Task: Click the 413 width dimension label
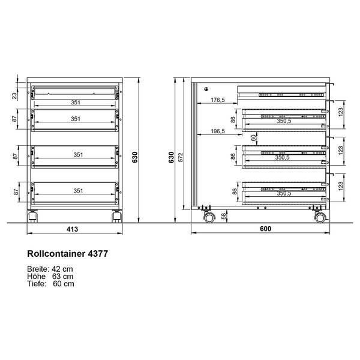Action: (73, 229)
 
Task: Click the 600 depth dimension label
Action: (265, 229)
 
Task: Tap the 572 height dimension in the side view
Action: (181, 157)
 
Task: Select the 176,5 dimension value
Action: (218, 100)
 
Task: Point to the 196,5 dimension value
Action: (218, 131)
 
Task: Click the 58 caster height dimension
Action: (224, 216)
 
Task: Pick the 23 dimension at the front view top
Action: (14, 96)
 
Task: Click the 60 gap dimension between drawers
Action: (253, 138)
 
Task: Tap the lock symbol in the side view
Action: (206, 89)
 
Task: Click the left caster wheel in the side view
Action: (209, 217)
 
